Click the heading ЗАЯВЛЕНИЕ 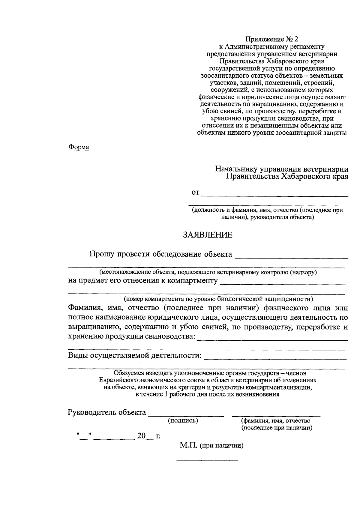pos(208,235)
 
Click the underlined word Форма pos(79,147)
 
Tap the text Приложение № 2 pos(272,39)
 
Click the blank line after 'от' pos(275,196)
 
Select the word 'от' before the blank pos(195,193)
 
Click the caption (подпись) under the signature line pos(183,420)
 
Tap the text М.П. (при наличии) pos(211,446)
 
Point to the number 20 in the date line pos(141,436)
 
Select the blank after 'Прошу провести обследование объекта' pos(291,257)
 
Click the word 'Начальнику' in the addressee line pos(236,169)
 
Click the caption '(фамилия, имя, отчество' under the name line pos(276,421)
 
